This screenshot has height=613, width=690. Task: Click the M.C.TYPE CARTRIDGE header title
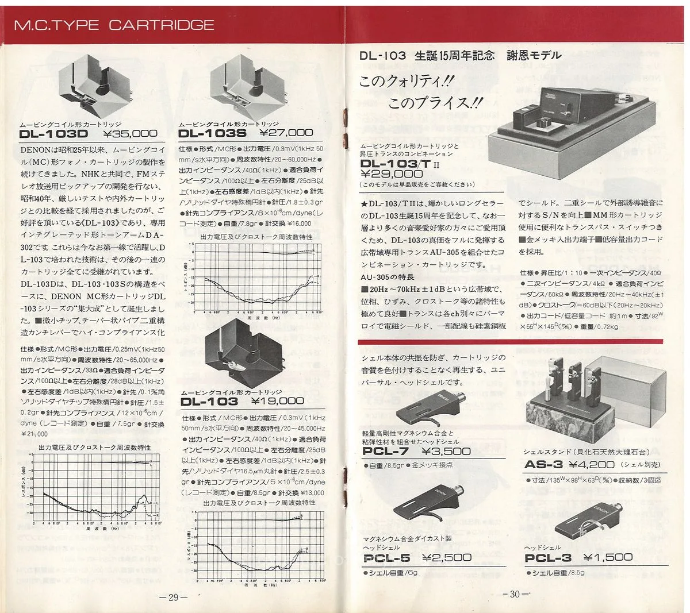click(x=113, y=25)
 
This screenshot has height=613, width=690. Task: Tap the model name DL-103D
click(x=53, y=134)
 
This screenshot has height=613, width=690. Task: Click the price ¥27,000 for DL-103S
click(x=286, y=133)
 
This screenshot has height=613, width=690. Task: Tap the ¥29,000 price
click(x=391, y=174)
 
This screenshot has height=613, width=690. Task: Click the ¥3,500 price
click(x=446, y=452)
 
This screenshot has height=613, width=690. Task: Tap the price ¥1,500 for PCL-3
click(x=607, y=557)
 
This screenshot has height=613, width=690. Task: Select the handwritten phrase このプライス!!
click(x=435, y=104)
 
